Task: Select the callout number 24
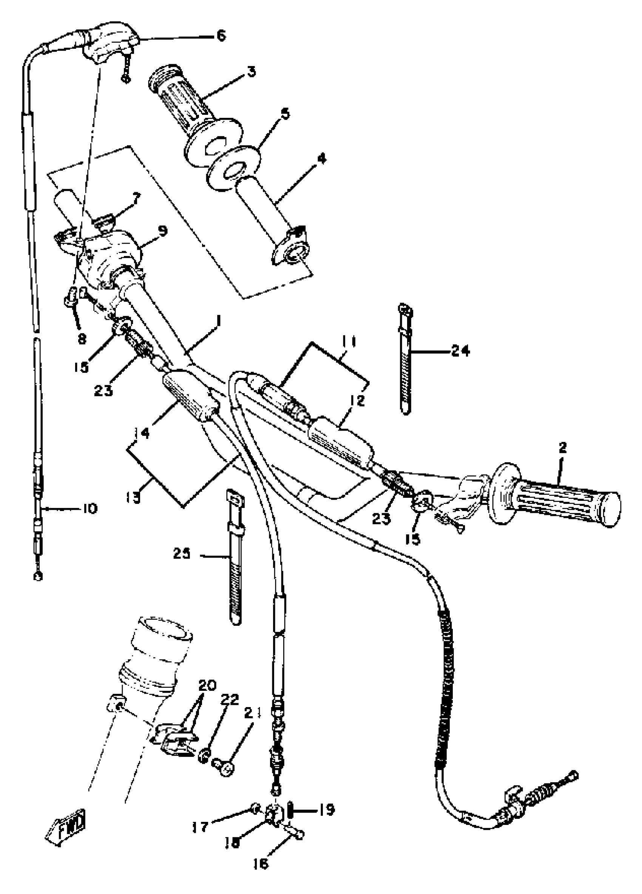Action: click(x=460, y=350)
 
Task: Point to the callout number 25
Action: click(x=182, y=554)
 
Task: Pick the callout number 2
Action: click(x=562, y=448)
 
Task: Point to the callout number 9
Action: click(x=162, y=230)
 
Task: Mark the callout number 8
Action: click(x=82, y=338)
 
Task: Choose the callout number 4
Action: click(x=322, y=159)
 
